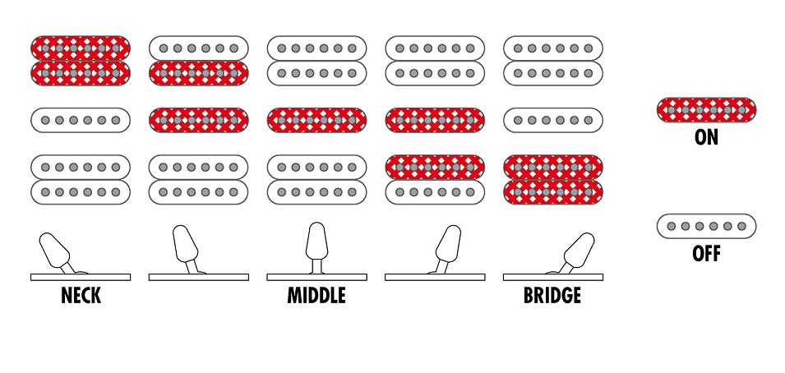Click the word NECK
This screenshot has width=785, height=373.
pos(81,296)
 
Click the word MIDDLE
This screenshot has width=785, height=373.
pos(316,296)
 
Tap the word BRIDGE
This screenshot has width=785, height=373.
pos(552,296)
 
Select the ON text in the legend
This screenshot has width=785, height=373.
pos(706,137)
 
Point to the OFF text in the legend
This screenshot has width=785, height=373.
pos(706,254)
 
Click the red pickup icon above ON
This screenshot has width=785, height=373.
pos(706,110)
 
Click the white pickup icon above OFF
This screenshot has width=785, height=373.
pos(706,226)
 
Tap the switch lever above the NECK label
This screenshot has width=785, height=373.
pos(55,250)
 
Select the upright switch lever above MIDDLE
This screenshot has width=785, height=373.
pos(316,242)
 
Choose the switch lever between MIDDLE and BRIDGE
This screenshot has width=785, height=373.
pos(448,246)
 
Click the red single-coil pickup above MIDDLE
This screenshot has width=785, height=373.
pos(316,120)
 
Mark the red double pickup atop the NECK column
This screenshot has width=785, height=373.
pos(81,61)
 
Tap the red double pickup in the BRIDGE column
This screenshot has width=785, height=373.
pos(552,179)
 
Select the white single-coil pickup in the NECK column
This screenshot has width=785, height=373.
pos(81,120)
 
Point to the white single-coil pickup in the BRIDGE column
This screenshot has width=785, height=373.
pos(552,120)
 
